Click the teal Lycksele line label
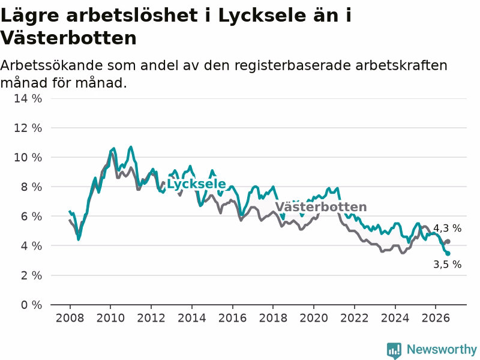tap(196, 184)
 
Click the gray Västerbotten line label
tap(321, 207)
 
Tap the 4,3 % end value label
tap(447, 228)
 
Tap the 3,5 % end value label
tap(447, 264)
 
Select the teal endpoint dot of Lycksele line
tap(448, 253)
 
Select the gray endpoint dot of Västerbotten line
tap(448, 242)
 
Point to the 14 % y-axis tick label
tap(28, 98)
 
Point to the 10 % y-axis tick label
tap(28, 157)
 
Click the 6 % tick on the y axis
tap(32, 217)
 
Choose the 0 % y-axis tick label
tap(32, 305)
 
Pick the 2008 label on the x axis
tap(70, 318)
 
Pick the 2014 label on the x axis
tap(191, 318)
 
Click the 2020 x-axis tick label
tap(314, 318)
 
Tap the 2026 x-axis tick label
tap(436, 318)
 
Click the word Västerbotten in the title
tap(68, 38)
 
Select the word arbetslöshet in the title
tap(132, 16)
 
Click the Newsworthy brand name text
tap(442, 349)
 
